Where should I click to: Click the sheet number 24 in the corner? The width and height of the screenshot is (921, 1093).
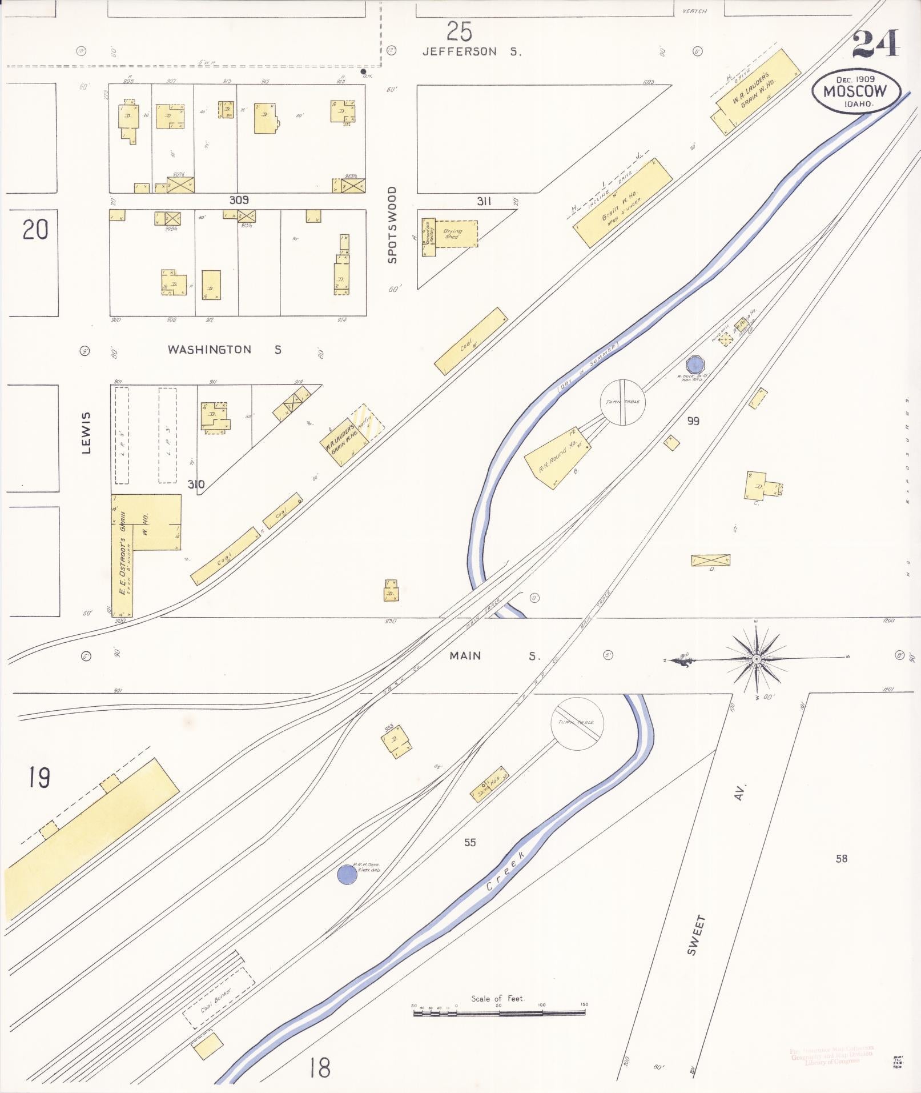point(875,44)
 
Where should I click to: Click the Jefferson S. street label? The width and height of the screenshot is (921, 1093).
point(472,51)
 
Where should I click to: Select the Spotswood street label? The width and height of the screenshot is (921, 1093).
point(392,225)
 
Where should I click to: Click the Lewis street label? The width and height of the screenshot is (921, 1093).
point(86,433)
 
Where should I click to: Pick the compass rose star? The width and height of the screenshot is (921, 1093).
point(756,659)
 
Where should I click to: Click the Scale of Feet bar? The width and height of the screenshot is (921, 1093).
point(499,1012)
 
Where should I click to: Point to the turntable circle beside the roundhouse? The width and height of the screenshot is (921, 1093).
point(623,402)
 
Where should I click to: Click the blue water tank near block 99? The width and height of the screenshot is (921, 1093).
point(695,363)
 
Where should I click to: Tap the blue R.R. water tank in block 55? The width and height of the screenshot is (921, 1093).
point(347,874)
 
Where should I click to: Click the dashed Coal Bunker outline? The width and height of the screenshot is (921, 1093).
point(218,999)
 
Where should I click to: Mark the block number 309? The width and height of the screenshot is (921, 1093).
point(239,200)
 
